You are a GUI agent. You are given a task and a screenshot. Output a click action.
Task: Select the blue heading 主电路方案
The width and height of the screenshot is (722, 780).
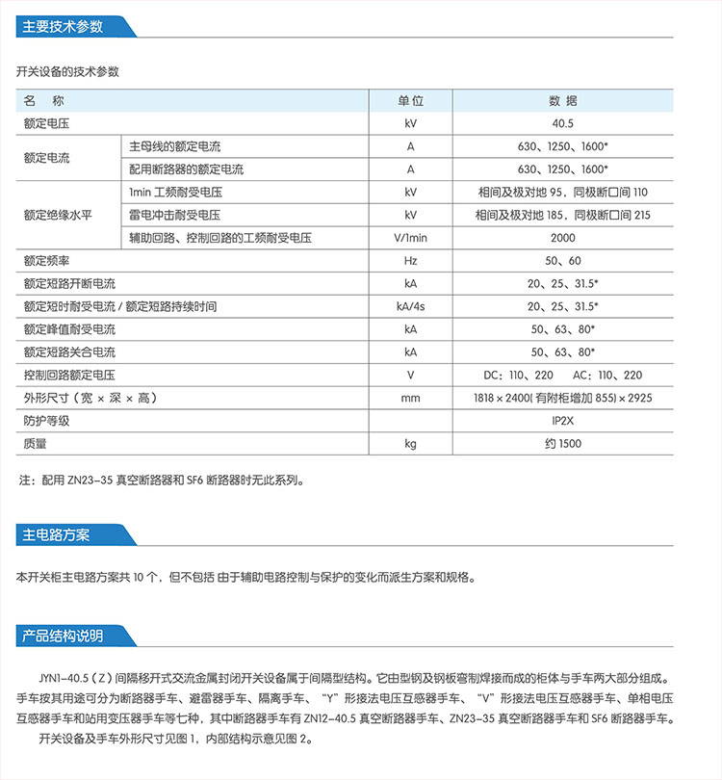pos(56,534)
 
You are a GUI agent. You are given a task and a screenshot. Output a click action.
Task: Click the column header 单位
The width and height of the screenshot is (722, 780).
pos(411,101)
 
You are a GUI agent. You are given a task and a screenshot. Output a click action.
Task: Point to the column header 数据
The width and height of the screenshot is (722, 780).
pos(563,101)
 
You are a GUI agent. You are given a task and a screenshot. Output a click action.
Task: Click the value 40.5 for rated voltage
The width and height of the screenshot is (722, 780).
pos(563,124)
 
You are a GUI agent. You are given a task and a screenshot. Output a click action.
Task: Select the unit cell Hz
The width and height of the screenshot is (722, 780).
pos(411,261)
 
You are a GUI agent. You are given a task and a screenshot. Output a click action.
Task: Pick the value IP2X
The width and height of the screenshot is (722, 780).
pos(563,421)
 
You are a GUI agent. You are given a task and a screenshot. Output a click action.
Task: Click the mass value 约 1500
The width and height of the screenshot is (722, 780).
pos(563,444)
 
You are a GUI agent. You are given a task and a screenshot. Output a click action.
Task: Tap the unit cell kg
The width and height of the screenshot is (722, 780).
pos(411,444)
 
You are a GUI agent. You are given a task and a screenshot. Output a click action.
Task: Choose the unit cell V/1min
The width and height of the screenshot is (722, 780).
pos(411,238)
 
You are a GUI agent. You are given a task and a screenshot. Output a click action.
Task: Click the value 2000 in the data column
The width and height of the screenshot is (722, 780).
pos(563,238)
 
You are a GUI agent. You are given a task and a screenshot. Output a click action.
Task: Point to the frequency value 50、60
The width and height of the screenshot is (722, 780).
pos(563,261)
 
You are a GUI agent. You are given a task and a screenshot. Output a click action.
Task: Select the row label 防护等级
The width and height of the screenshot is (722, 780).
pos(47,421)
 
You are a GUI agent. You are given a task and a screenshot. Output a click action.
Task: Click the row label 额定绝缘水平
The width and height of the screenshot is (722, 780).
pos(58,215)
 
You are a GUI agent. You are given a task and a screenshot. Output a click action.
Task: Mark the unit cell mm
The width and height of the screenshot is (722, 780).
pos(411,398)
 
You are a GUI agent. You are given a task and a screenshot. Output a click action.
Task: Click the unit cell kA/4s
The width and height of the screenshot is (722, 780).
pos(411,306)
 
